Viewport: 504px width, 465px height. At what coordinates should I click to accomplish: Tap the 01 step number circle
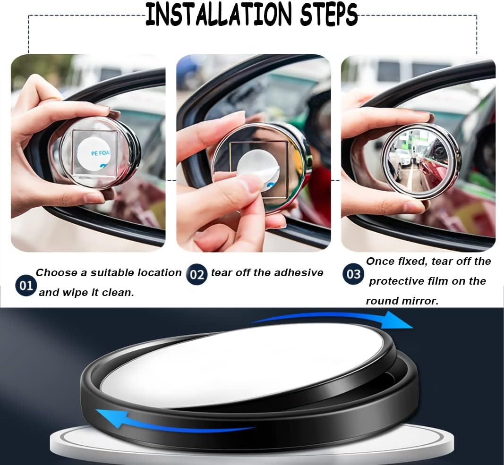pos(26,286)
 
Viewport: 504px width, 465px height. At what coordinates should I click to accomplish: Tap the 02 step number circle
pos(196,274)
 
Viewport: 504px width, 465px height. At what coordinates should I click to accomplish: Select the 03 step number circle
pos(354,274)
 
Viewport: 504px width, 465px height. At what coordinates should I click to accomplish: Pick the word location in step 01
pos(159,272)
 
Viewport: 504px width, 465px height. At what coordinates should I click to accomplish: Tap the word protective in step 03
pos(397,281)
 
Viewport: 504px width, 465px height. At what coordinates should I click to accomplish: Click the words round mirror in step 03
pos(401,301)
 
